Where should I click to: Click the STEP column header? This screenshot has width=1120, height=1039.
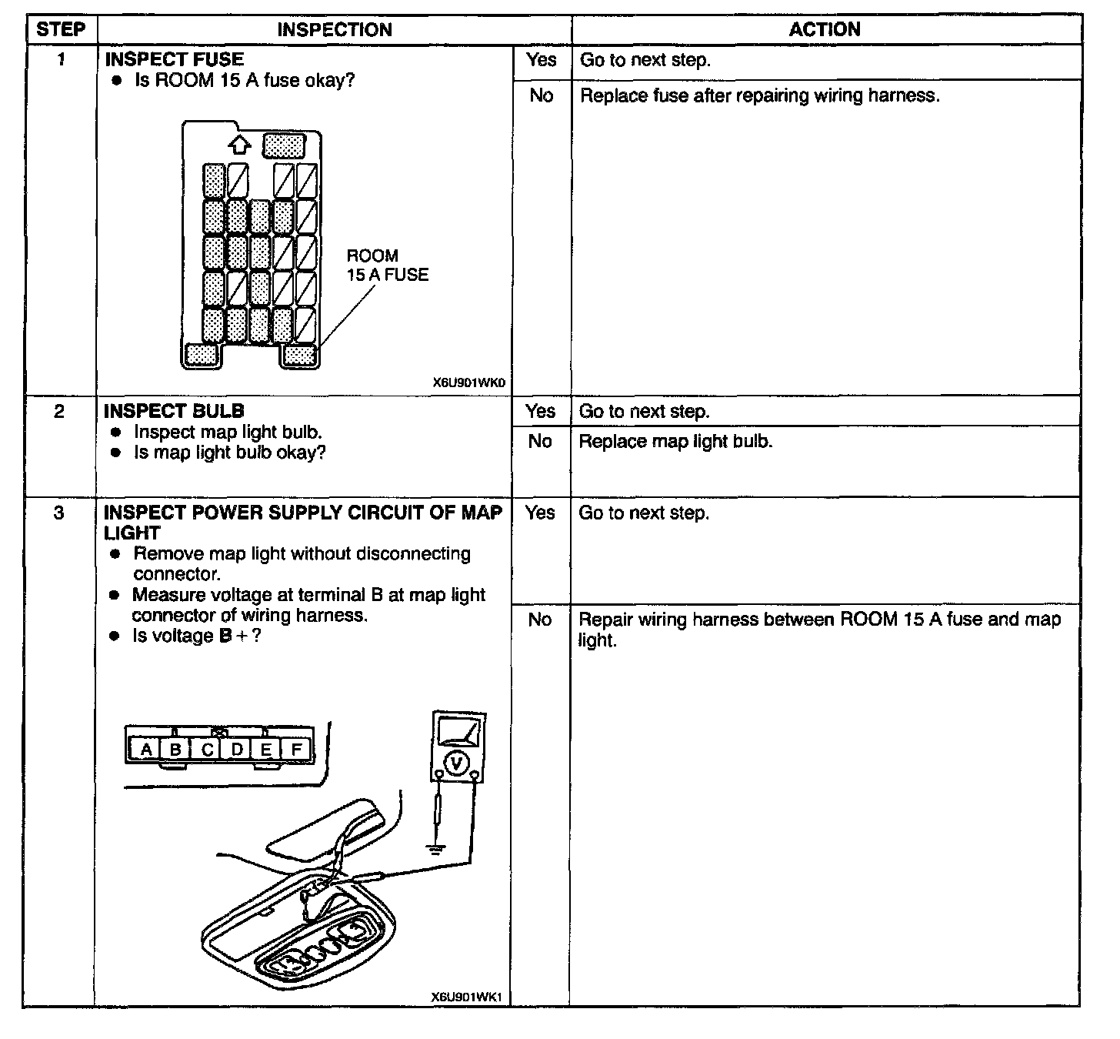click(60, 30)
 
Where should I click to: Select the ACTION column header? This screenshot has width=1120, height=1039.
click(825, 30)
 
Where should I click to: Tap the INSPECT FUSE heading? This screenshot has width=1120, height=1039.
click(174, 59)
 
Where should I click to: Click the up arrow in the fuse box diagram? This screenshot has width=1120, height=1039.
click(240, 144)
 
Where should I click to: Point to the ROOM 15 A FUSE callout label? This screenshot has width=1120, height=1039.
click(387, 266)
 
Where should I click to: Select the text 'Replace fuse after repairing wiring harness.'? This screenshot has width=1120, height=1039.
click(759, 96)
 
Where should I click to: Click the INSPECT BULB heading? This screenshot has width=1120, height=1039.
click(174, 411)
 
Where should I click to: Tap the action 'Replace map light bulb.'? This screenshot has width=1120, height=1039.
click(675, 442)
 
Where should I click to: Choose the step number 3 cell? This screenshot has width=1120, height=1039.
click(59, 513)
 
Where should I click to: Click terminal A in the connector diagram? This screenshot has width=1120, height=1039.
click(146, 749)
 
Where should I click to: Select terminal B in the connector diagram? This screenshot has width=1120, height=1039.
click(176, 749)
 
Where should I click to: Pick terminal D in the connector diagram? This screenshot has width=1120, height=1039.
click(237, 749)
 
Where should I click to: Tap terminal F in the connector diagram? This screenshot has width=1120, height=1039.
click(296, 749)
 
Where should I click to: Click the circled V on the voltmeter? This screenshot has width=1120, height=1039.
click(458, 763)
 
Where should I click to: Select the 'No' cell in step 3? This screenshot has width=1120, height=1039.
click(540, 620)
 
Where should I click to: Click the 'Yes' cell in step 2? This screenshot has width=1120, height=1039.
click(541, 412)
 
